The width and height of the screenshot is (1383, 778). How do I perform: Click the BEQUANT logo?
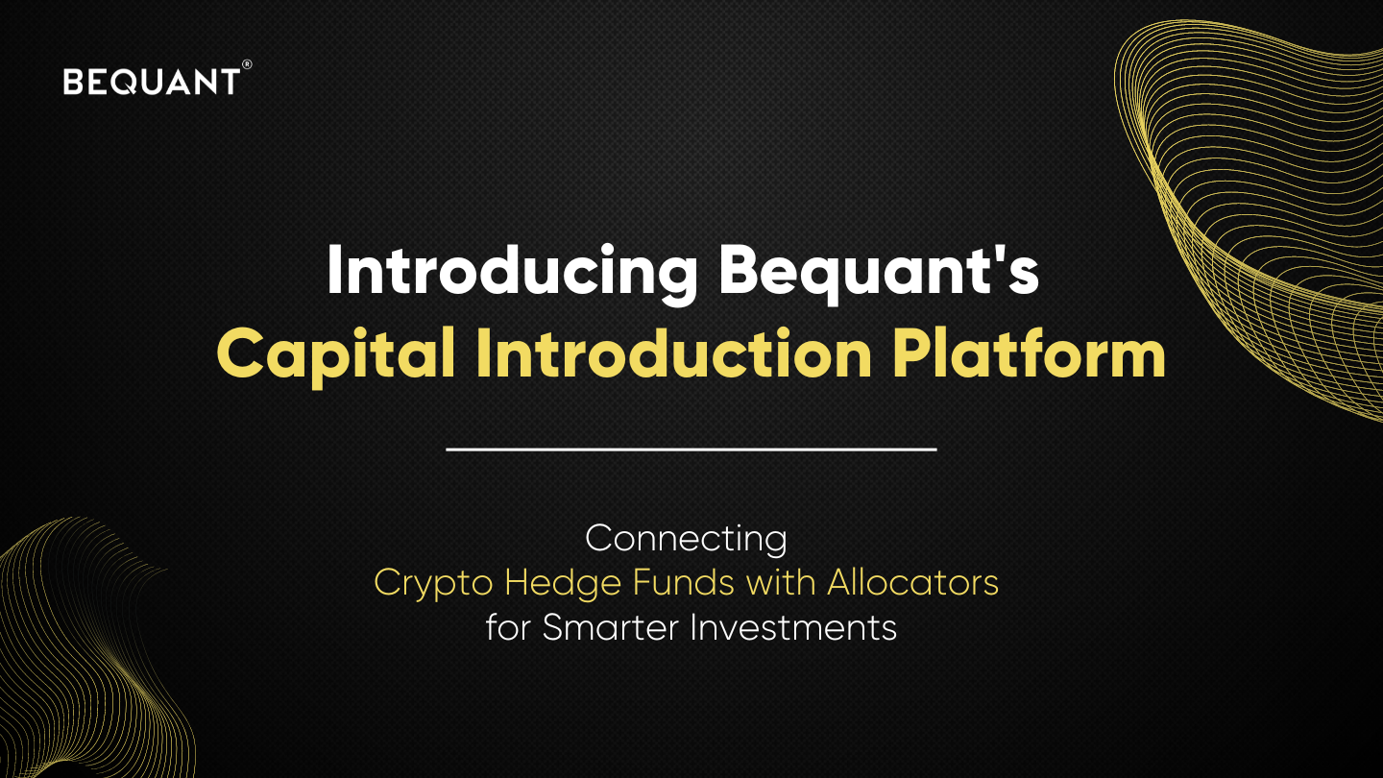(x=151, y=82)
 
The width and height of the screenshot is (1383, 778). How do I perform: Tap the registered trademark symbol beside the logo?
(x=247, y=64)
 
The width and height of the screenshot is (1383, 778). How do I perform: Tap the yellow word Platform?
(x=1029, y=355)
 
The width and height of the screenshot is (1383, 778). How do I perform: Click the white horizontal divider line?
(x=691, y=449)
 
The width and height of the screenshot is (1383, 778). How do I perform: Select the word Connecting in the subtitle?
(x=686, y=539)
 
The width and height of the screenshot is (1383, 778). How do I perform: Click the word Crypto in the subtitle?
(x=433, y=583)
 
